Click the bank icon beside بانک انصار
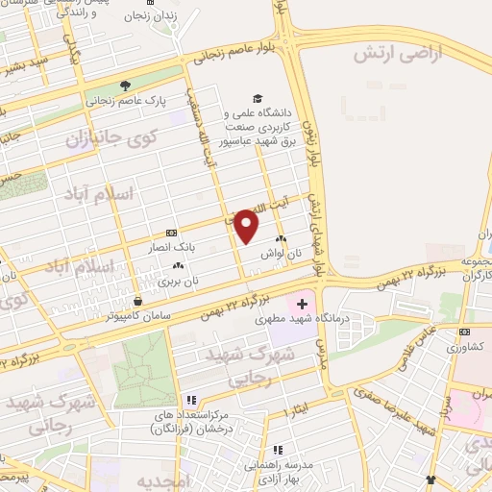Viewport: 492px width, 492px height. (171, 232)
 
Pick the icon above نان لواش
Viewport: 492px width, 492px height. (281, 239)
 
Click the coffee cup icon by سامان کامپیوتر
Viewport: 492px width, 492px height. (137, 301)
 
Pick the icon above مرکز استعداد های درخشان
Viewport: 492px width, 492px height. (190, 400)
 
